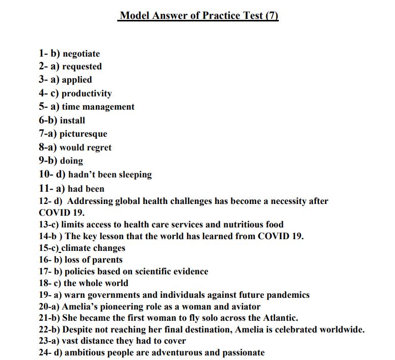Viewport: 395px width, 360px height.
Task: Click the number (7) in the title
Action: click(272, 15)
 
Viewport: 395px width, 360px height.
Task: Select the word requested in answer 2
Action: click(82, 66)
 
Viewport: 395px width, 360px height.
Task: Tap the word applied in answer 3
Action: click(77, 80)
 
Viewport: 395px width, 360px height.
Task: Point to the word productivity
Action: click(87, 93)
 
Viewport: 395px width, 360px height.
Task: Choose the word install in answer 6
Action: click(72, 120)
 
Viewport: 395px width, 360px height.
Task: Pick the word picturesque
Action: click(83, 134)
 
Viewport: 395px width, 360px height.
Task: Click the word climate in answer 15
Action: click(77, 248)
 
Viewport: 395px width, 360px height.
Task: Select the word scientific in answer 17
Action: click(151, 271)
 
